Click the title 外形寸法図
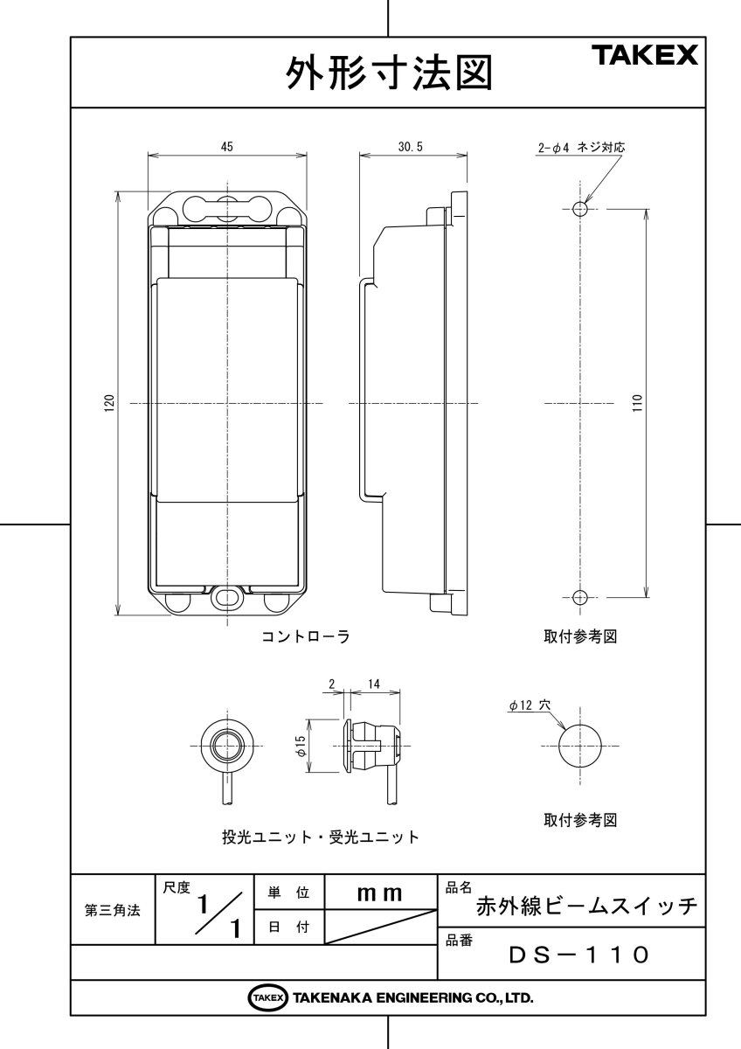(x=388, y=73)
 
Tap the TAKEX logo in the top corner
(x=646, y=57)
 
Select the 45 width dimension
(x=226, y=148)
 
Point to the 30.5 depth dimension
(x=410, y=148)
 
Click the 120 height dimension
(x=110, y=403)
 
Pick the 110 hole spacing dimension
(x=637, y=403)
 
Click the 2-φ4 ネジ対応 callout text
(x=581, y=148)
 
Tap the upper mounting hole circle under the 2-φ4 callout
(x=579, y=209)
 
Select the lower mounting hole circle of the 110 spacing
(x=579, y=597)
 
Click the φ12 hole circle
(x=581, y=746)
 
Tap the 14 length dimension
(x=373, y=684)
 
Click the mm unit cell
(x=380, y=893)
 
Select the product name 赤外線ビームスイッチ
(x=586, y=907)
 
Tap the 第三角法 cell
(x=113, y=910)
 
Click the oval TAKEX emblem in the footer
(x=268, y=997)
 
